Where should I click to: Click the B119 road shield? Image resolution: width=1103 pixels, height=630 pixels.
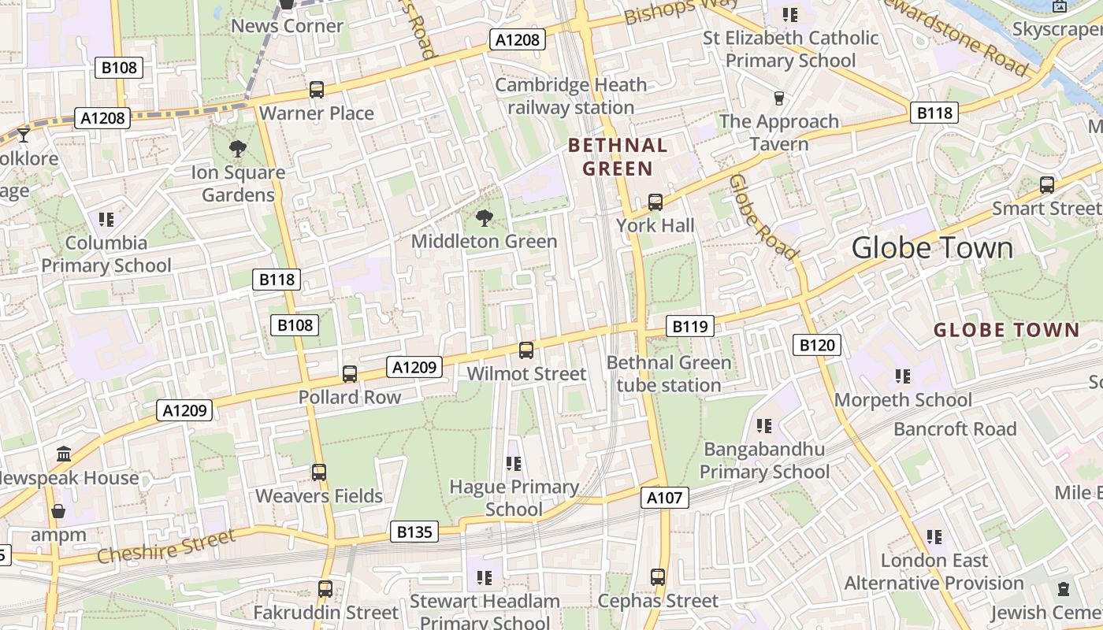[689, 326]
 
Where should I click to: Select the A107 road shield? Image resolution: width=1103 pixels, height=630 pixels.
[665, 497]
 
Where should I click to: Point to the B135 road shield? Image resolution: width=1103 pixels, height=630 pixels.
[414, 532]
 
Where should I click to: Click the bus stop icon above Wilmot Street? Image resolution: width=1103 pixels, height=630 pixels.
[526, 350]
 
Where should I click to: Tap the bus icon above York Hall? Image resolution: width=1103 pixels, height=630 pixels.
[655, 202]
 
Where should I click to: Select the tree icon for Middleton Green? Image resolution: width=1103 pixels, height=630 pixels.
[484, 218]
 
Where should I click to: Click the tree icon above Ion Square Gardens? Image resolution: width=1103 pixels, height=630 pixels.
[236, 148]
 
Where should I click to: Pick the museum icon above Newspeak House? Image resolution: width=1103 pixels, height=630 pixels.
[64, 454]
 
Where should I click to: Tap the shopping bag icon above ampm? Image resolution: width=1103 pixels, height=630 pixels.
[58, 511]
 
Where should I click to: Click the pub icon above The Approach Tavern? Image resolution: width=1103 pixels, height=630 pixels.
[778, 98]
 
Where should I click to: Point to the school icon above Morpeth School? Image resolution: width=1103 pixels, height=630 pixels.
[902, 376]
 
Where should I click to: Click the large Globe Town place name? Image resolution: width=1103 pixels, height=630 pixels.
[932, 247]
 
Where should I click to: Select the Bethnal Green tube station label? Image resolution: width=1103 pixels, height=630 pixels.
[669, 374]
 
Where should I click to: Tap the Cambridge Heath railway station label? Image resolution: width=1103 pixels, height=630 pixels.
[570, 96]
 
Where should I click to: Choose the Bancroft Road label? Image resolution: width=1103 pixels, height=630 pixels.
[955, 429]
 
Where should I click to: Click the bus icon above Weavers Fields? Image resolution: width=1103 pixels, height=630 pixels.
[318, 472]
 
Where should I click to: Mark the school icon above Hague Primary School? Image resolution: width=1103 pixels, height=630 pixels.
[514, 464]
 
